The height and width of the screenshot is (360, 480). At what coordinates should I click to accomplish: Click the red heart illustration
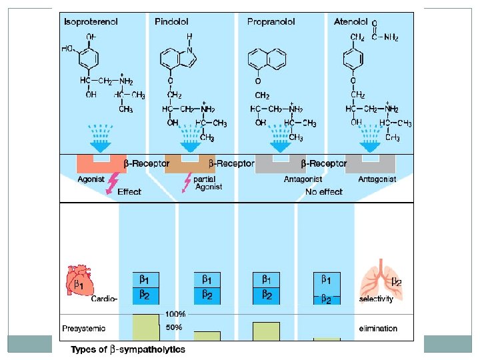tap(79, 281)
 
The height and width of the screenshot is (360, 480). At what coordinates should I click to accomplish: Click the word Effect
tap(129, 192)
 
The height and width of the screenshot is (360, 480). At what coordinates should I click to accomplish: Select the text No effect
tap(324, 192)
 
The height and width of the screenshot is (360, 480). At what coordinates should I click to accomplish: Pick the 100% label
tap(175, 314)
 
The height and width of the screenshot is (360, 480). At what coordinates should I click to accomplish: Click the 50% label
tap(175, 328)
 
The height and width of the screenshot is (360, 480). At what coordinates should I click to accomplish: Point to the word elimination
tap(377, 328)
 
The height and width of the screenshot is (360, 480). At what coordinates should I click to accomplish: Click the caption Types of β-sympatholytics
tap(128, 349)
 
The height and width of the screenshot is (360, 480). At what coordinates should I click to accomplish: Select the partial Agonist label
tap(209, 183)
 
